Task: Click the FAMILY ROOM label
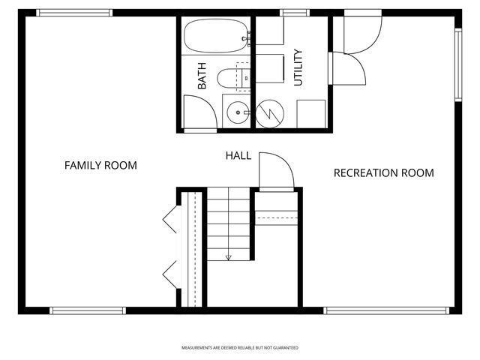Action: [100, 165]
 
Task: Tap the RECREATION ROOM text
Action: [383, 173]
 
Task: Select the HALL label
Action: [238, 156]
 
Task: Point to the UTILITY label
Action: [298, 67]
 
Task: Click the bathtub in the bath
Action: [216, 32]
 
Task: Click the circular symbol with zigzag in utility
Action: [269, 113]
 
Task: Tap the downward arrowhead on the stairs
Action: [229, 257]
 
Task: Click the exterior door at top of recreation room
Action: [361, 34]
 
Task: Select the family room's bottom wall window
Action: [87, 310]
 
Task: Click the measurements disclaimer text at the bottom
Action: [240, 348]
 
